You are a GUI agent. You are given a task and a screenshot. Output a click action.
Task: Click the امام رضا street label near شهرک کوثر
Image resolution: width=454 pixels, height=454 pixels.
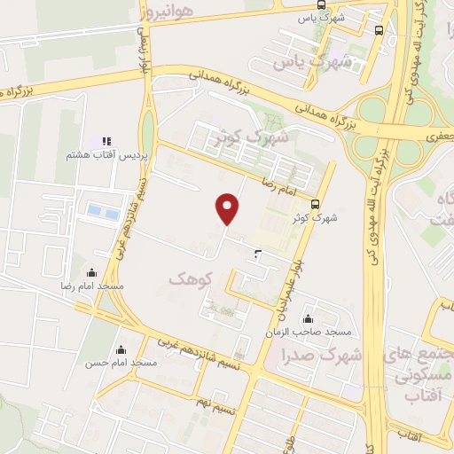(x=279, y=183)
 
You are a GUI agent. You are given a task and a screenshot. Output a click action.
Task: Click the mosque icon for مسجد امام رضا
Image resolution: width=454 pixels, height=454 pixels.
(x=93, y=273)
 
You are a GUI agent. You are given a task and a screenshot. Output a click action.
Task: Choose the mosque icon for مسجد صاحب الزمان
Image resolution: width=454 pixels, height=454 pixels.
(x=308, y=319)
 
